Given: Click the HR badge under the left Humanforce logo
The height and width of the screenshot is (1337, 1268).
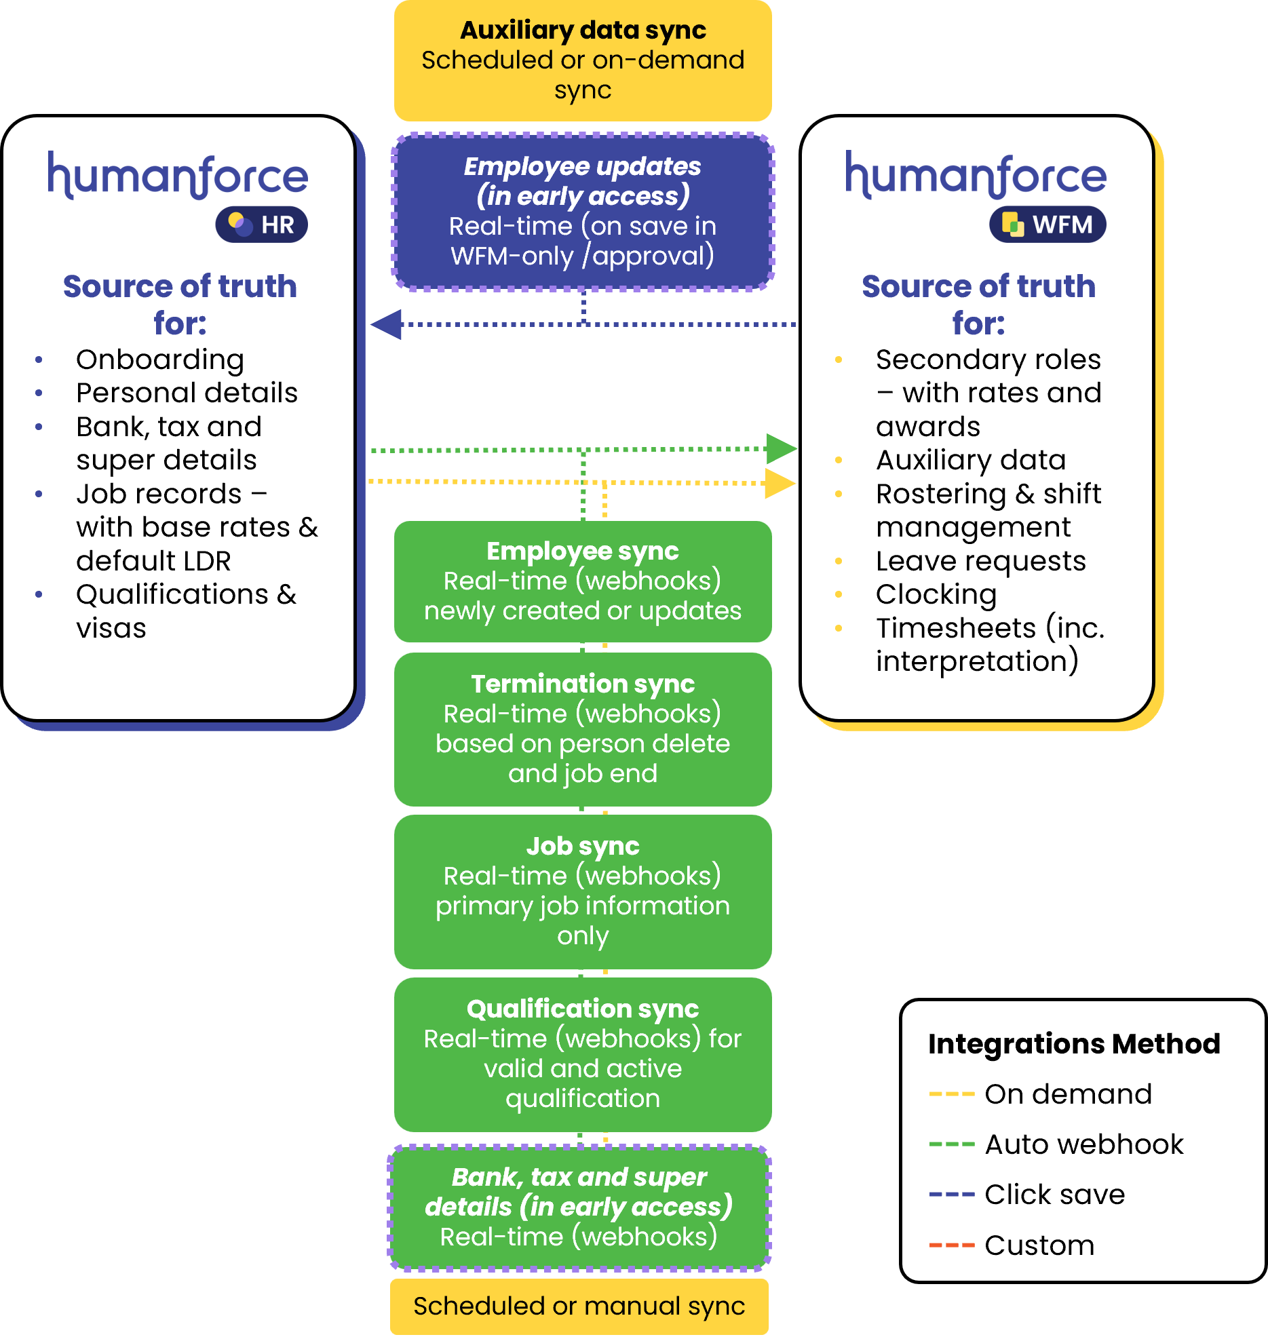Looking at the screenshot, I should point(262,225).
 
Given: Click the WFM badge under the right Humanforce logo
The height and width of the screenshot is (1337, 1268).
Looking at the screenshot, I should point(1048,225).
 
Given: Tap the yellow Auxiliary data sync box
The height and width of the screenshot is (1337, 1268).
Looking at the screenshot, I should point(583,60).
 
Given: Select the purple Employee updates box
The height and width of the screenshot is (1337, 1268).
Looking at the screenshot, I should point(583,212).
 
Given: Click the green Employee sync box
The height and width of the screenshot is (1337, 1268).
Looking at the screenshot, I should point(583,581).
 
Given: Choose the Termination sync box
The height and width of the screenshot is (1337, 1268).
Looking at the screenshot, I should point(583,729).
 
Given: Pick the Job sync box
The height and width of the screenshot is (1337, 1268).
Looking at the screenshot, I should point(583,891).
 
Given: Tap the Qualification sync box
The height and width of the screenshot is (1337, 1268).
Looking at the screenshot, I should point(583,1053).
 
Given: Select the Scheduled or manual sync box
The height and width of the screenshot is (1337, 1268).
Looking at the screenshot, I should point(579,1306).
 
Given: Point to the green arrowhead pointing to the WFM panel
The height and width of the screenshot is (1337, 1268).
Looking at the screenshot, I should point(782,448).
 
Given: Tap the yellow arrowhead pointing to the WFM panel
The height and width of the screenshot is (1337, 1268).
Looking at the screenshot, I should point(780,484).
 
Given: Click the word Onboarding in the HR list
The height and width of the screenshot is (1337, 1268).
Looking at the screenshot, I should point(160,360).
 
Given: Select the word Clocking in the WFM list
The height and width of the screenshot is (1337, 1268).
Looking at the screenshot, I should point(936,594).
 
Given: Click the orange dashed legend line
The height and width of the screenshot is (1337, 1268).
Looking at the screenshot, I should point(952,1245).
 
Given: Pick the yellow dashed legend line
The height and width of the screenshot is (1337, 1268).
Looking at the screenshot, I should point(952,1093).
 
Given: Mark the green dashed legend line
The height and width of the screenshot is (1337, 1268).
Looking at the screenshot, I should point(952,1144).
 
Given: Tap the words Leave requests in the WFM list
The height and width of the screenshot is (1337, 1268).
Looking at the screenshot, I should point(981,561).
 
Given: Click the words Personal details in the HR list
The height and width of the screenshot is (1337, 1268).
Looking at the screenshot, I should point(187,393).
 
